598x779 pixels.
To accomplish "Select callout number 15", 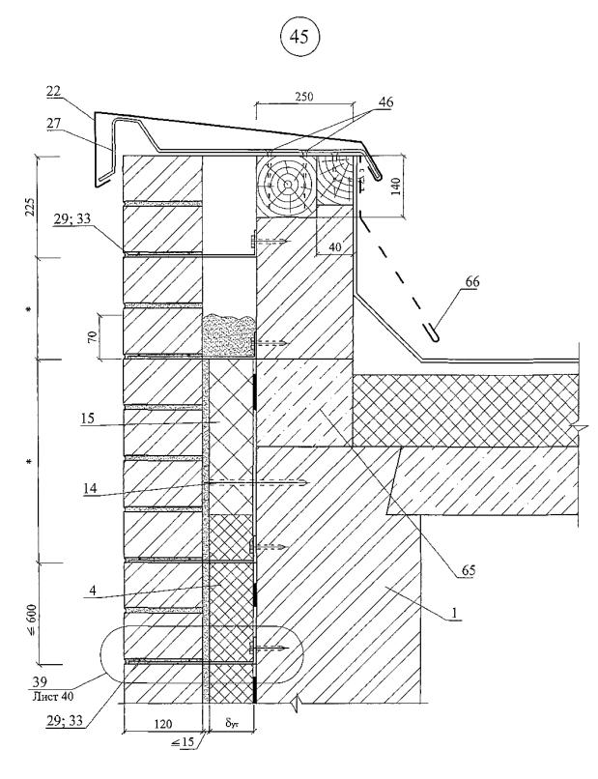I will coord(87,421).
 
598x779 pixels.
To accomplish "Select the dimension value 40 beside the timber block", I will coord(336,247).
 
